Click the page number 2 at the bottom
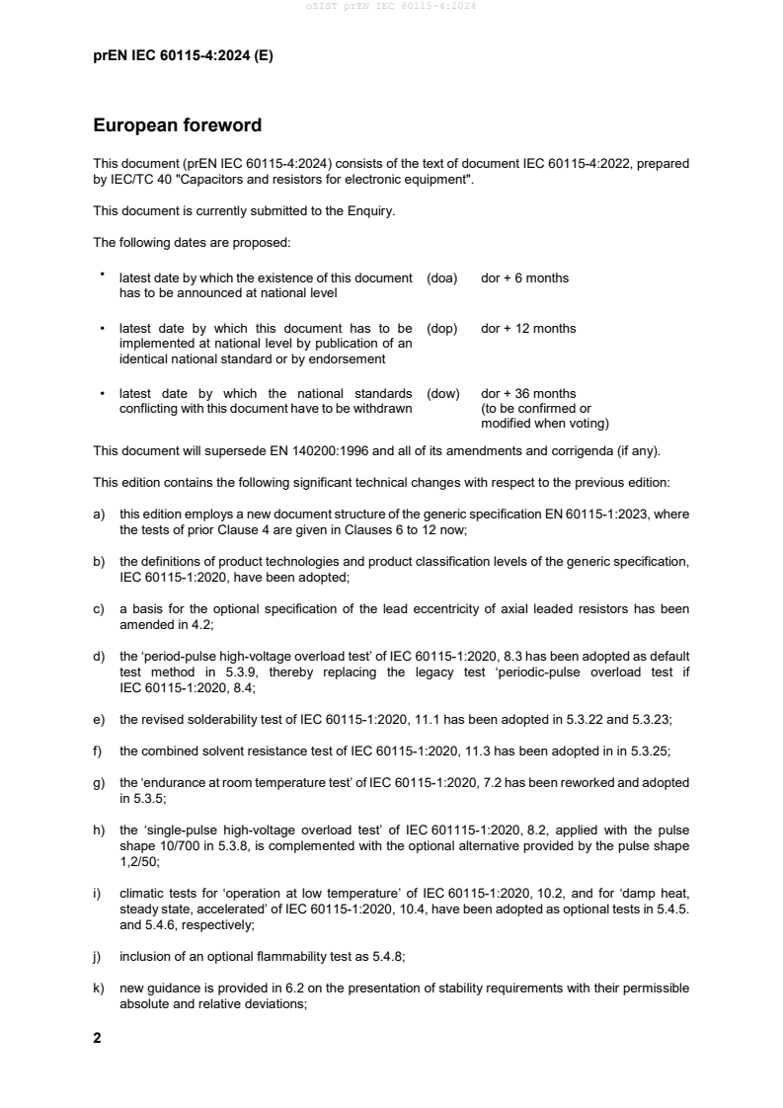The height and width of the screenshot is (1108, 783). tap(97, 1038)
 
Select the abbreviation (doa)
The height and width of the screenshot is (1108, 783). tap(441, 278)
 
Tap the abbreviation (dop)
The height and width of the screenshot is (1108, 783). tap(441, 328)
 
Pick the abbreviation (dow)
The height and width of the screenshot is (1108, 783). tap(442, 394)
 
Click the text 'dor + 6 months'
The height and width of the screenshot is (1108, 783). tap(524, 278)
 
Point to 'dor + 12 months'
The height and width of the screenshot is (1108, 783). tap(528, 328)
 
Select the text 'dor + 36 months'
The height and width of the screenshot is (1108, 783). tap(528, 394)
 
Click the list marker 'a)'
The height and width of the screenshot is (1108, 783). tap(99, 514)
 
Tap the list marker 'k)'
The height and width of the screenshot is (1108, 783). tap(99, 989)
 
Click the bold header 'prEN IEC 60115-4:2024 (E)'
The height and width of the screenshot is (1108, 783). tap(183, 56)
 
